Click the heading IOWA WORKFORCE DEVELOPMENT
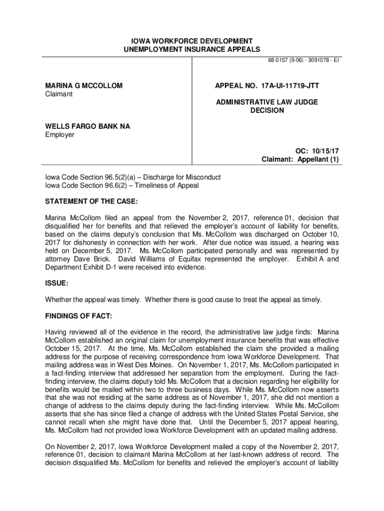click(x=192, y=40)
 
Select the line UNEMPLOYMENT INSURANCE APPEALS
click(x=192, y=49)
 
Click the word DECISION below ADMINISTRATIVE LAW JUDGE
click(x=267, y=110)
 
